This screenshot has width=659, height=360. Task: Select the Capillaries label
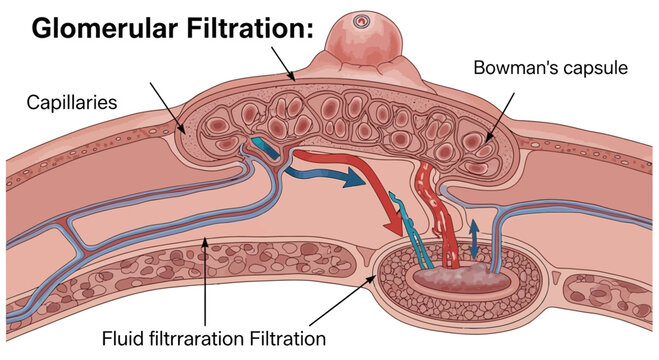[x=70, y=101]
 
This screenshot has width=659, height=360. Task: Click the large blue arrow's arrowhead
[x=350, y=181]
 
